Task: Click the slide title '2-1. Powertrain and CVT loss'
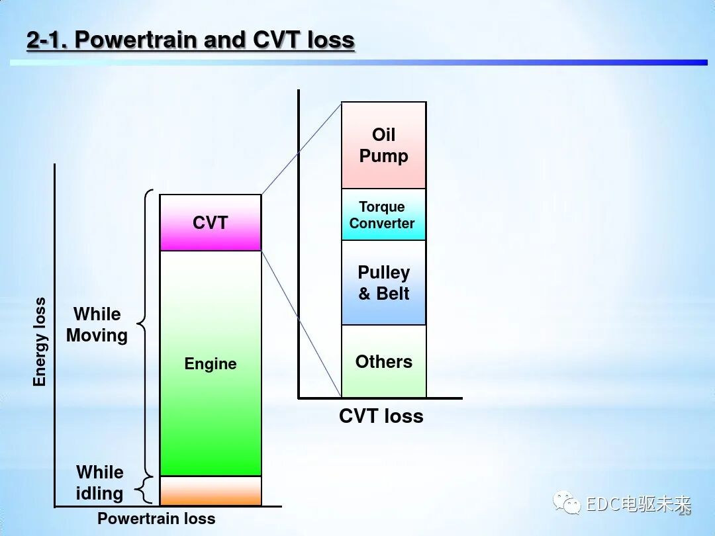(191, 40)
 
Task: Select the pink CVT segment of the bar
(211, 223)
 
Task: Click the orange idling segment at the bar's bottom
(211, 491)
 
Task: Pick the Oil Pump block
(383, 146)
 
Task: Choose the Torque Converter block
(383, 215)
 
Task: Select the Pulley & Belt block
(383, 283)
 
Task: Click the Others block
(383, 361)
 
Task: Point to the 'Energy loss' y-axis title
(40, 342)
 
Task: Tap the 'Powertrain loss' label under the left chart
(156, 519)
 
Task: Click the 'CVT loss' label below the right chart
(381, 416)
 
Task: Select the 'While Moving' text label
(97, 324)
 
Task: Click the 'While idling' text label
(100, 482)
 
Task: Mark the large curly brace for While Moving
(144, 324)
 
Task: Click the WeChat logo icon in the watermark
(567, 504)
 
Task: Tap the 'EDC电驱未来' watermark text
(637, 504)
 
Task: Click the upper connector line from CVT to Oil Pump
(301, 149)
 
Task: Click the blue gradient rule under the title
(358, 62)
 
